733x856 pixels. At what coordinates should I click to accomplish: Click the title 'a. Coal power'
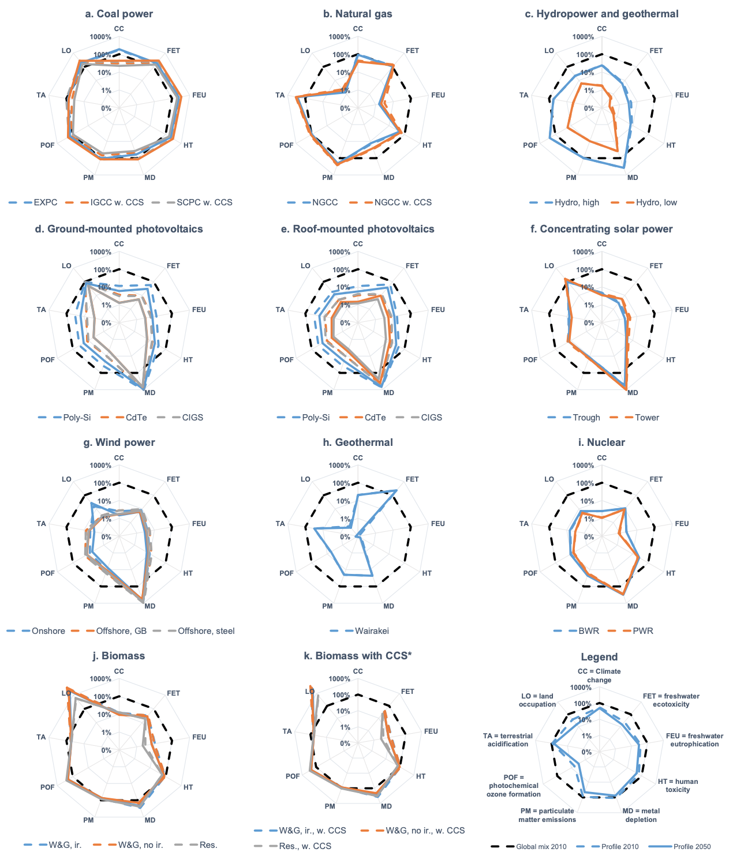(x=119, y=14)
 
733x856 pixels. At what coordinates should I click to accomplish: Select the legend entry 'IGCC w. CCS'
(x=117, y=202)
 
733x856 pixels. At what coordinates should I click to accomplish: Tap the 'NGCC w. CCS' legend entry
(x=403, y=202)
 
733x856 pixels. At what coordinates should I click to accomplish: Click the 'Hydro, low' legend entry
(x=656, y=202)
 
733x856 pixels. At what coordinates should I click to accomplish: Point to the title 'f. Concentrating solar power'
(x=601, y=229)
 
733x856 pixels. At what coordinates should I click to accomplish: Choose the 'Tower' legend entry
(x=646, y=418)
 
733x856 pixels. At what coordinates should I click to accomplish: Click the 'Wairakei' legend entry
(x=372, y=631)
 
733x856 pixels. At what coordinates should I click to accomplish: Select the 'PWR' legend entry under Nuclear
(x=643, y=631)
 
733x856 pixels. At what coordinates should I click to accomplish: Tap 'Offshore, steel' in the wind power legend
(x=206, y=631)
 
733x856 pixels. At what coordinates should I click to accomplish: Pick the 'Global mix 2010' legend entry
(x=541, y=846)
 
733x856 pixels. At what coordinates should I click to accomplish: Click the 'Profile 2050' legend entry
(x=692, y=846)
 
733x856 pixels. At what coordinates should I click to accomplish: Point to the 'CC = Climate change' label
(x=599, y=675)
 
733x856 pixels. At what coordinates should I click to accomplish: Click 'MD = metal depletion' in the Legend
(x=641, y=815)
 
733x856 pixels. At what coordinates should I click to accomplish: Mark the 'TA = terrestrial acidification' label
(x=508, y=740)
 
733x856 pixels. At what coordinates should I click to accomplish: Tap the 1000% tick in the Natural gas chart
(x=339, y=37)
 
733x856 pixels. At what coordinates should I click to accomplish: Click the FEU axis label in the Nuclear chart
(x=682, y=524)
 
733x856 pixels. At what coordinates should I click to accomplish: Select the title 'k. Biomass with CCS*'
(x=358, y=656)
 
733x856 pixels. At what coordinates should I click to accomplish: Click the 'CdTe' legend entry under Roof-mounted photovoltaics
(x=375, y=418)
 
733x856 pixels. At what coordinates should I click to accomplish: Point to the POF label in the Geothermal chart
(x=286, y=573)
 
